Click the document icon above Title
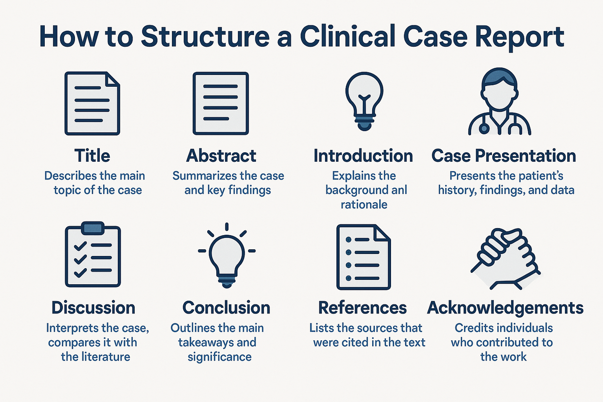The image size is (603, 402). coord(92,103)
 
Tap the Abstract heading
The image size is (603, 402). coord(221,156)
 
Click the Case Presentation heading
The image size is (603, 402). coord(504,156)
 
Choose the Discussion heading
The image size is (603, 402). coord(93,308)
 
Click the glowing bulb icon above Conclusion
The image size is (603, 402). coord(226,257)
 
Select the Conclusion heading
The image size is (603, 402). coord(226,308)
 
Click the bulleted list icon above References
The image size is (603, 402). coord(363,257)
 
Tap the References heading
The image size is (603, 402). coord(362,308)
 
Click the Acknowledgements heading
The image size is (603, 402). coord(505,308)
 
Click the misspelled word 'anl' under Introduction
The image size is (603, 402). coord(399,190)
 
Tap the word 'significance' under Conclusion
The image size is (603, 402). coord(220,356)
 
